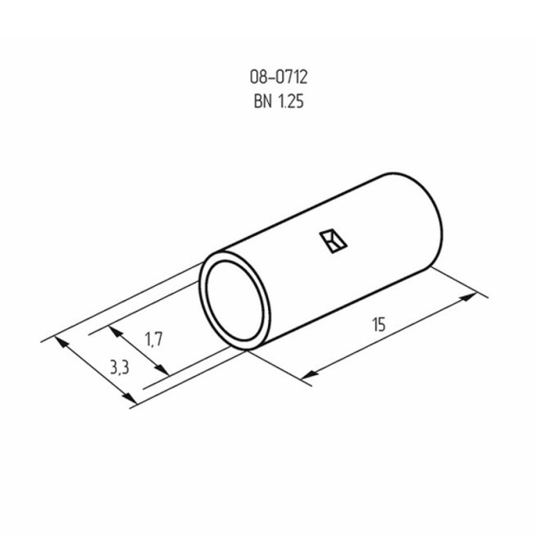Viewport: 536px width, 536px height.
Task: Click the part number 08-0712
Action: [280, 78]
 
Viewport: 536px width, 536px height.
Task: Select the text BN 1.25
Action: [280, 103]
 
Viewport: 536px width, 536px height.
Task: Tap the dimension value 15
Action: [378, 326]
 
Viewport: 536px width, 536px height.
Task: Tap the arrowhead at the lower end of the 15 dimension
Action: [307, 377]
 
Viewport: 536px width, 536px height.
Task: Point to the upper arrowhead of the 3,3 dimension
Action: [59, 342]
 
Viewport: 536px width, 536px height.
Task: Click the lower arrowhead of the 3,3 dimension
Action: [129, 399]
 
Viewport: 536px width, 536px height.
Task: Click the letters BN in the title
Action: [260, 103]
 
